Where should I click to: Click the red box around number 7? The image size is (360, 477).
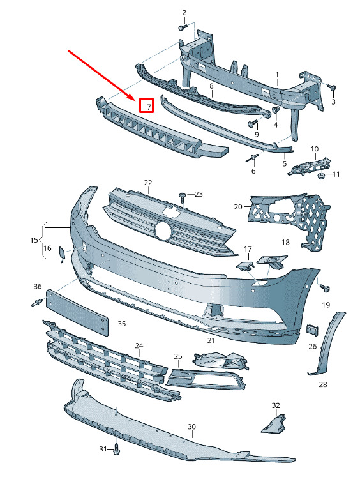[x=146, y=105]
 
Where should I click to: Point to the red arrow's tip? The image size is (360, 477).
[x=135, y=100]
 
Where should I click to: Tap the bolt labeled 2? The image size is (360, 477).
[x=183, y=27]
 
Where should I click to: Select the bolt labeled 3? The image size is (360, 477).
[x=332, y=87]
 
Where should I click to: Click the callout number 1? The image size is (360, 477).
[x=277, y=75]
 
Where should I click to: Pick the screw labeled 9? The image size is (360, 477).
[x=253, y=123]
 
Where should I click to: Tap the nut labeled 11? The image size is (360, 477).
[x=321, y=176]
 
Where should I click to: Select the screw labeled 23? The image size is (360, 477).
[x=183, y=197]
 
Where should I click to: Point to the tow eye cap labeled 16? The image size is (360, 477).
[x=61, y=254]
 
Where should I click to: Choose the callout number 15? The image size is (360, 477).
[x=34, y=239]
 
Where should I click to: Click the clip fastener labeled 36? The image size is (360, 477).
[x=37, y=303]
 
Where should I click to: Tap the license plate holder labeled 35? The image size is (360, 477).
[x=77, y=313]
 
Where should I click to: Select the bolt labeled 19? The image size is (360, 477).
[x=326, y=289]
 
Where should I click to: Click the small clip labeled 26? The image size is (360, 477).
[x=312, y=330]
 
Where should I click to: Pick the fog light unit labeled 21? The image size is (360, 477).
[x=220, y=361]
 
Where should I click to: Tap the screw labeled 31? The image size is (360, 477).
[x=117, y=449]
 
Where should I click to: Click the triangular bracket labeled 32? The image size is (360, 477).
[x=274, y=423]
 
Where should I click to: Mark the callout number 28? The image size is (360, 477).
[x=323, y=384]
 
